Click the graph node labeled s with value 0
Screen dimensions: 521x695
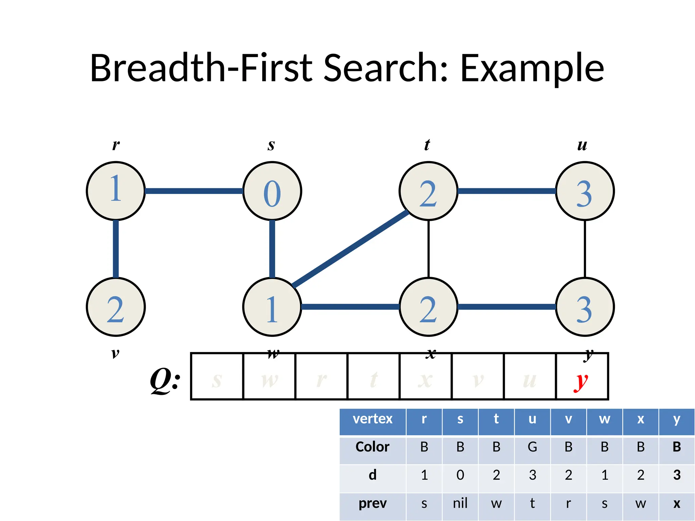[272, 191]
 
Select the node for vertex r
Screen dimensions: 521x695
[116, 191]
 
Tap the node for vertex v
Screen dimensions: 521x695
[116, 307]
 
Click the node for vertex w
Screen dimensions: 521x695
[272, 307]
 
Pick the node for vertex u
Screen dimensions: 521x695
[585, 191]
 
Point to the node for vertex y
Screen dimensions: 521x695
[585, 307]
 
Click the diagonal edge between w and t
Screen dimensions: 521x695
[351, 249]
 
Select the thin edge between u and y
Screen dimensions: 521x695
[585, 249]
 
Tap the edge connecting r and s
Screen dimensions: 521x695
[194, 191]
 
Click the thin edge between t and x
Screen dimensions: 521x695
[429, 249]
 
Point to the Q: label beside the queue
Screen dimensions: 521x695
[165, 380]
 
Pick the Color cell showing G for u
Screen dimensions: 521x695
[532, 447]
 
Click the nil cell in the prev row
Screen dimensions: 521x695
[460, 503]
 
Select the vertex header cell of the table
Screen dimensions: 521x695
[373, 419]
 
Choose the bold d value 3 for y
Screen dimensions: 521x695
[677, 475]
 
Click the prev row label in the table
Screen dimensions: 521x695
[373, 503]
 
